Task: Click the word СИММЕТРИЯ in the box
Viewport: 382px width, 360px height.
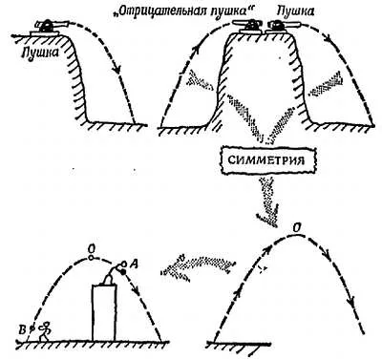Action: tap(266, 159)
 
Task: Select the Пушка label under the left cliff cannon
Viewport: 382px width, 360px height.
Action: tap(40, 52)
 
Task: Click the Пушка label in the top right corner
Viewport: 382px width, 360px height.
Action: tap(296, 11)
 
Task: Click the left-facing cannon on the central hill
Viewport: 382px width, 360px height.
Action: tap(247, 26)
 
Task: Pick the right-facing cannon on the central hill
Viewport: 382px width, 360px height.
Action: tap(283, 27)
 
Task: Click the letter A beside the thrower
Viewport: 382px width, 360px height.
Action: tap(134, 264)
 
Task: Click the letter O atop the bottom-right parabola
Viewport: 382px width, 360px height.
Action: tap(296, 227)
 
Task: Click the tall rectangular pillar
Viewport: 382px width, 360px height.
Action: tap(104, 312)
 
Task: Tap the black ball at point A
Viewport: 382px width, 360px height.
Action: tap(123, 271)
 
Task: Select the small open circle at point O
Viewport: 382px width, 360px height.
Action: tap(91, 258)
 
